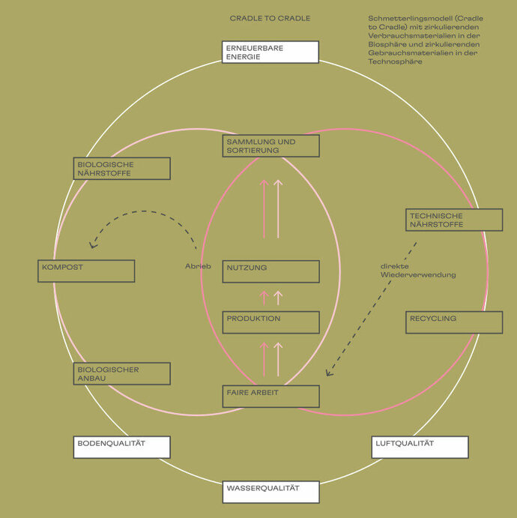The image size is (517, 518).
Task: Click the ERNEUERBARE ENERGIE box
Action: [270, 52]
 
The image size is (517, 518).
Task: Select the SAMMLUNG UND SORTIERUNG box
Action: [270, 146]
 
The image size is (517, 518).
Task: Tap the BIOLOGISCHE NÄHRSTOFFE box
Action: [122, 169]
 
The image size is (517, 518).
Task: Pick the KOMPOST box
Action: [86, 271]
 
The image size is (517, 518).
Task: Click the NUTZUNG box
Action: [270, 271]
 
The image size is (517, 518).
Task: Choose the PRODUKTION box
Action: [270, 322]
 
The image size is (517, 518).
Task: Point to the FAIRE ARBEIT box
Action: [270, 396]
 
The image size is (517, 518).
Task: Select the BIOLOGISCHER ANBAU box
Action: [122, 373]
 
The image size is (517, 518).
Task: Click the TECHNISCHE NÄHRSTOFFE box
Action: [454, 220]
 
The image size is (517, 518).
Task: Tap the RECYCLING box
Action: [454, 322]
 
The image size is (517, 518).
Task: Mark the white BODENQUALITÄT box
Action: [122, 447]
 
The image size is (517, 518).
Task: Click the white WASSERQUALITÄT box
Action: [270, 492]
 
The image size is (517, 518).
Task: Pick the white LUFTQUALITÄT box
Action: [420, 447]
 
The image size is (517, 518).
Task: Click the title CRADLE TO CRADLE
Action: [270, 18]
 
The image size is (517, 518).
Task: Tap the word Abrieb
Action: [199, 266]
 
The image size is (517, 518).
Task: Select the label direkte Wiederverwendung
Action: [417, 271]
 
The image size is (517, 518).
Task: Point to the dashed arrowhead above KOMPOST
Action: [92, 244]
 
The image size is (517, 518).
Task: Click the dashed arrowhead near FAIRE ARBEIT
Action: [329, 372]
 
